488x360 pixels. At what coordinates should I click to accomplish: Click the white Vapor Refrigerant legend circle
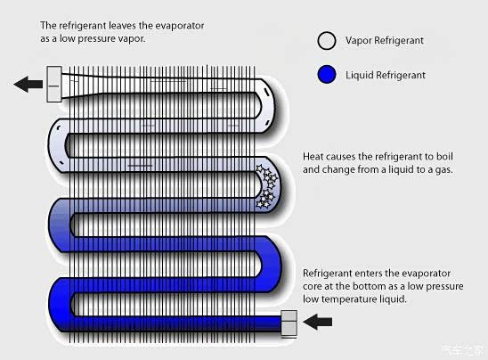[x=327, y=41]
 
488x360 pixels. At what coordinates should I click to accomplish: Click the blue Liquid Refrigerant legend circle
[x=327, y=75]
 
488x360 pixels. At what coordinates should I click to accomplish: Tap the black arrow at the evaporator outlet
[x=28, y=84]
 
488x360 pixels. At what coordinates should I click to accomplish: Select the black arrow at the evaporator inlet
[x=317, y=322]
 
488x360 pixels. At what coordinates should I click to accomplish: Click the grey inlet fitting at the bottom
[x=289, y=323]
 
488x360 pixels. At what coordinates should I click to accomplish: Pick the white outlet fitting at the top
[x=54, y=84]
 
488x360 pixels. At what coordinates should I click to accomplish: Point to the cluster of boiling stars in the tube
[x=266, y=186]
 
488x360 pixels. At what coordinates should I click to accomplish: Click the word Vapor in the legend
[x=359, y=40]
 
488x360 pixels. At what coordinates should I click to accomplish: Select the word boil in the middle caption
[x=444, y=156]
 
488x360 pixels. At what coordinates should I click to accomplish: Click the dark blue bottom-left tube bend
[x=60, y=305]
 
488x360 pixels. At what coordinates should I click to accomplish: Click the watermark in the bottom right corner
[x=463, y=350]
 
